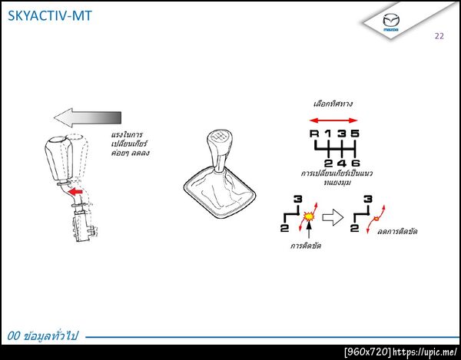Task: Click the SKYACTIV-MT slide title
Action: [50, 15]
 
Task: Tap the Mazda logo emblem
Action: [391, 21]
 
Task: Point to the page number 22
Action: [439, 36]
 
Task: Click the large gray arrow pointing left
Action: [88, 117]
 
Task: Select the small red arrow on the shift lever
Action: [75, 192]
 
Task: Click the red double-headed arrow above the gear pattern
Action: [333, 120]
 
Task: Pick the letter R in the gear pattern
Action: [314, 134]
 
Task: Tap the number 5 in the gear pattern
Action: [355, 134]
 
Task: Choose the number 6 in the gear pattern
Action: [356, 163]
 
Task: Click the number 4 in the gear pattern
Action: [342, 163]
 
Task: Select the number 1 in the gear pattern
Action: [327, 134]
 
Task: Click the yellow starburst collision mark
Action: [309, 216]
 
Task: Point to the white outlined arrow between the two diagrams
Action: [333, 217]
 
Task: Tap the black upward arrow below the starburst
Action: [309, 230]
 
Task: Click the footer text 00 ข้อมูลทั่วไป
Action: [43, 336]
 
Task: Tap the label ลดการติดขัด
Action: [397, 231]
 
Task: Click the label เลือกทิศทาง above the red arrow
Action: [333, 104]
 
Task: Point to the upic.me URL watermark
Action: [425, 352]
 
